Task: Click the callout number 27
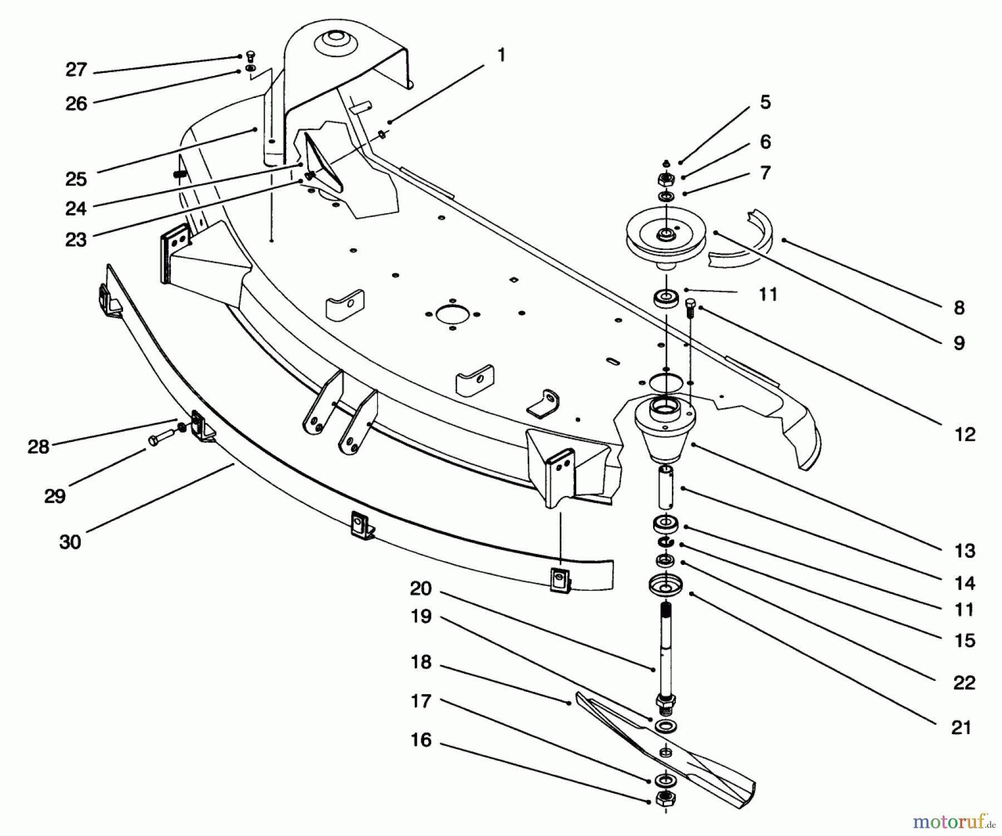point(76,70)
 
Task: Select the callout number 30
point(70,542)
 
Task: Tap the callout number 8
point(959,307)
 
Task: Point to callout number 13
point(964,550)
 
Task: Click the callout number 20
point(421,588)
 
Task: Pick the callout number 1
point(501,55)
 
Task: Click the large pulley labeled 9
point(665,233)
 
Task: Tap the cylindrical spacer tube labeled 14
point(667,487)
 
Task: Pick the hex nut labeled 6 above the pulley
point(666,179)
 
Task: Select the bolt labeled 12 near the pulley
point(691,307)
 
